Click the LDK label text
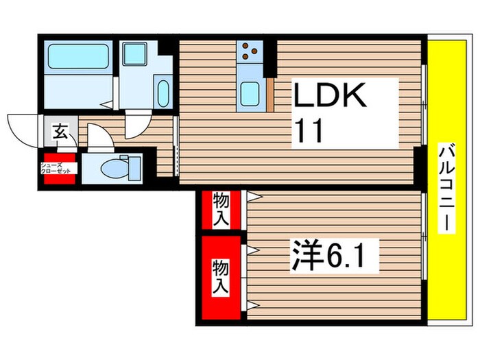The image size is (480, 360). tap(327, 97)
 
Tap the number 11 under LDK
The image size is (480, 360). tap(308, 130)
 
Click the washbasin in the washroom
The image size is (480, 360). tap(163, 91)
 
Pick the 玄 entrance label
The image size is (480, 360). tap(60, 132)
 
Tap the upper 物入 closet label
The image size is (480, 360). tap(221, 209)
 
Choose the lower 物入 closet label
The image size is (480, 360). tap(221, 276)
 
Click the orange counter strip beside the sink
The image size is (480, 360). tap(270, 95)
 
